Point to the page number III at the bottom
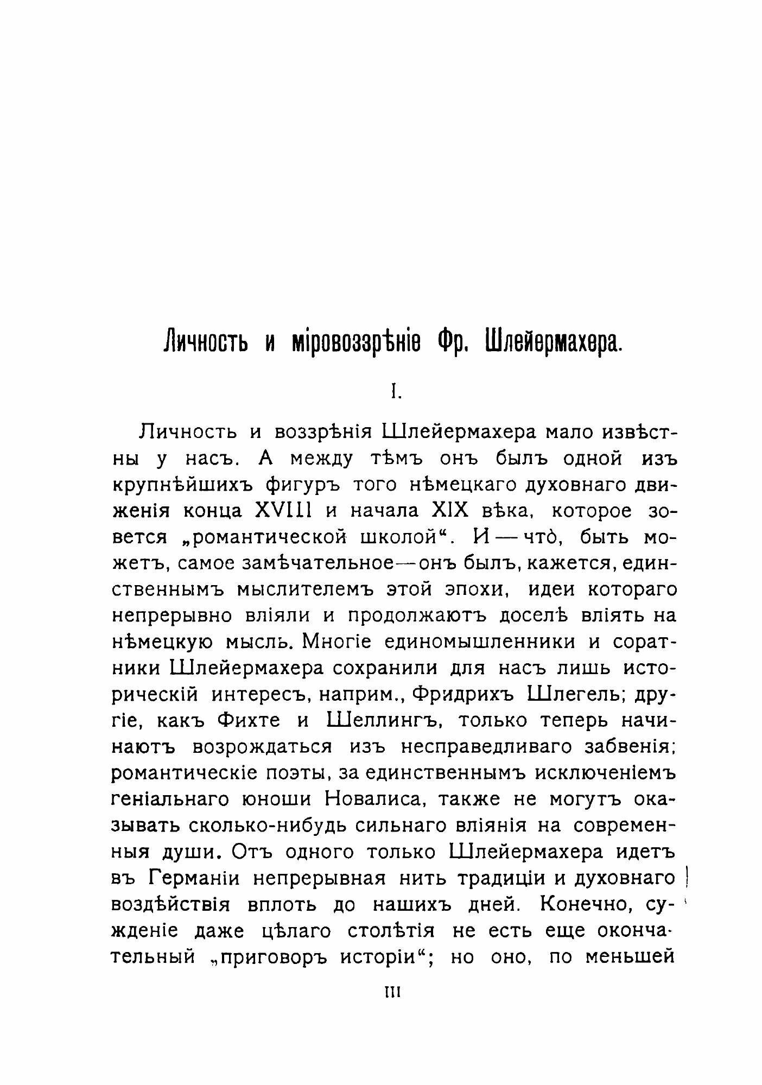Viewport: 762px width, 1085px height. click(x=392, y=993)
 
